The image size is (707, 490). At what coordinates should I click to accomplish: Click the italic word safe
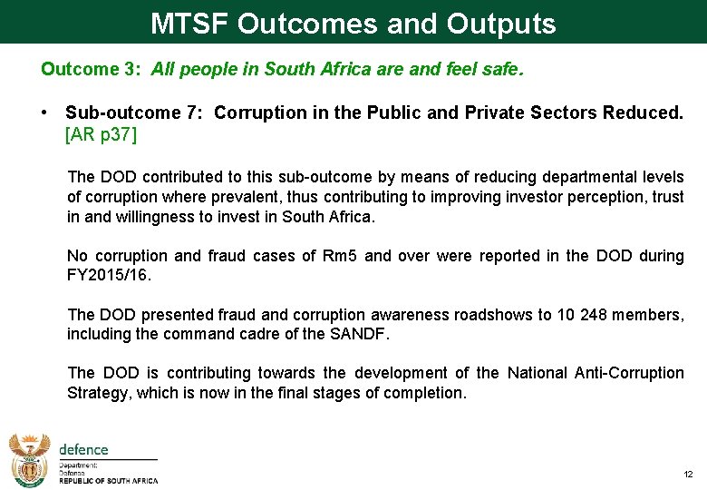504,69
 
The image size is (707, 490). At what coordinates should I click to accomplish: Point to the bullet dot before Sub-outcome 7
44,113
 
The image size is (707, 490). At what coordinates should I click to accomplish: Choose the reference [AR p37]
101,134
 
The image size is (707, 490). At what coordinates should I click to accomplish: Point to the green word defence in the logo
83,449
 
